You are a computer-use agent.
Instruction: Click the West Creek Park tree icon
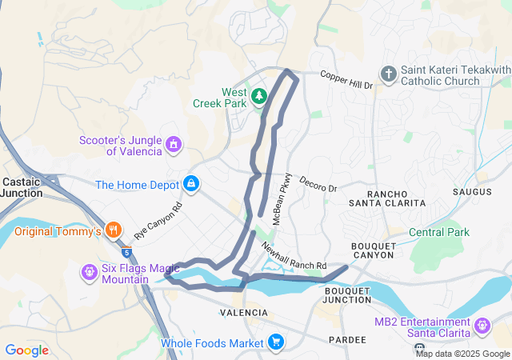tap(259, 97)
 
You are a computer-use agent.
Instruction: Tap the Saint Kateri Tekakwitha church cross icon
tap(389, 74)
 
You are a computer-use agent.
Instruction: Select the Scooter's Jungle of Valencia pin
tap(173, 145)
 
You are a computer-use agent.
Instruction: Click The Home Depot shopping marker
tap(192, 184)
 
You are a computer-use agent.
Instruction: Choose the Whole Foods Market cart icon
tap(276, 342)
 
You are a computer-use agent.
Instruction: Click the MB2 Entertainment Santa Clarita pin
tap(482, 326)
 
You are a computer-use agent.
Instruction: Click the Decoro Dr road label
tap(318, 184)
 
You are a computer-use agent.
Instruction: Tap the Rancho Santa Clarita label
tap(395, 198)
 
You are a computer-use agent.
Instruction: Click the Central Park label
tap(439, 232)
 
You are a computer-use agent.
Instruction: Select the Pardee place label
tap(347, 340)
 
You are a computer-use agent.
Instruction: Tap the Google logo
tap(26, 350)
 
